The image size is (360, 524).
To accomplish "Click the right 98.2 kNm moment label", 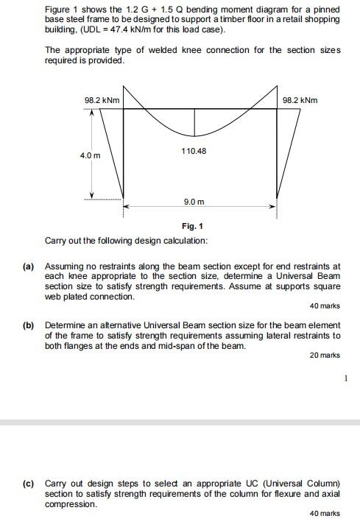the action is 300,100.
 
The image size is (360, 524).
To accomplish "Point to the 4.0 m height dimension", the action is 91,156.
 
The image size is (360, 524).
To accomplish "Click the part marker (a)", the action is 29,265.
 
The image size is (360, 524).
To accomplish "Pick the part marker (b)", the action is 29,325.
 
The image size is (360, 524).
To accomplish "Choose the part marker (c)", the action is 29,484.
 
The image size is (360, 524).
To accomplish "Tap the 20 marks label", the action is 325,355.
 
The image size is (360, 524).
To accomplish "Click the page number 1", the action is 344,379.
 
